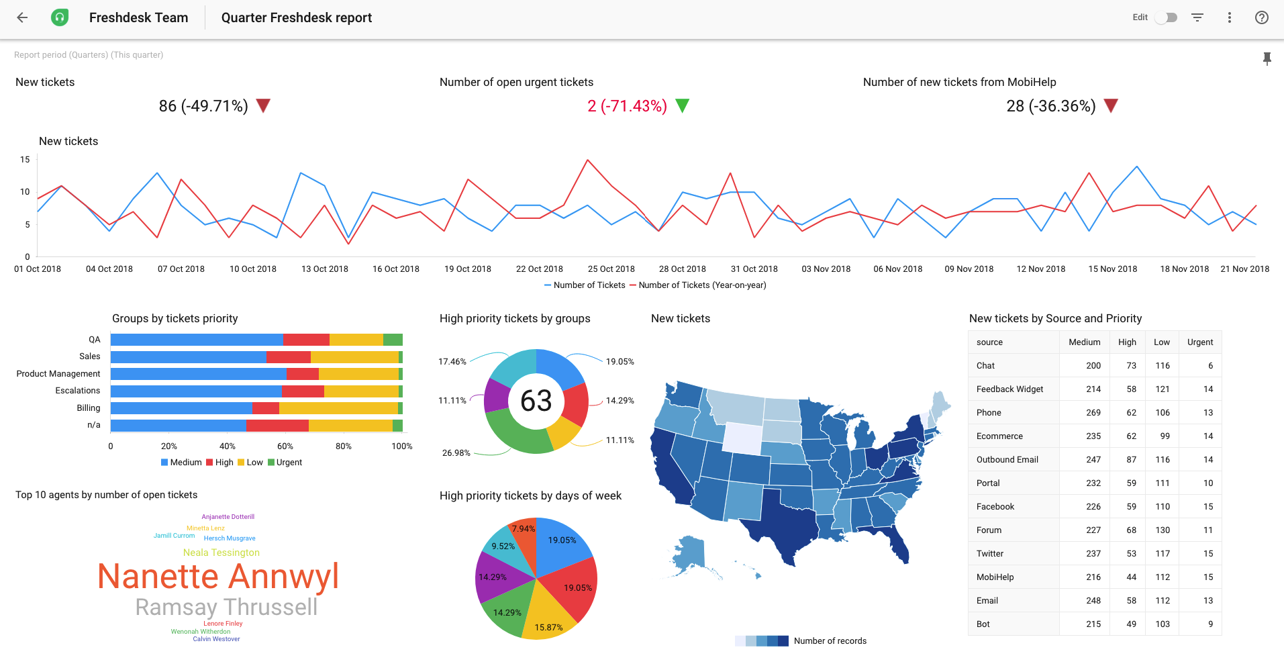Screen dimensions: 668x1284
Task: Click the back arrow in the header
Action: pyautogui.click(x=22, y=18)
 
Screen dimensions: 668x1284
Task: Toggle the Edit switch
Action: pyautogui.click(x=1167, y=18)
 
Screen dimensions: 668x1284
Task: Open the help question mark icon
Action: pyautogui.click(x=1261, y=18)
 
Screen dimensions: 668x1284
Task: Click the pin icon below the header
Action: pyautogui.click(x=1267, y=59)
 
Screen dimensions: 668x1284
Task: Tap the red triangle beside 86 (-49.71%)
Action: pyautogui.click(x=263, y=105)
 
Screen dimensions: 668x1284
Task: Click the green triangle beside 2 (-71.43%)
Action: pyautogui.click(x=682, y=105)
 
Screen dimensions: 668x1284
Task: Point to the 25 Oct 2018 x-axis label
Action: pyautogui.click(x=611, y=269)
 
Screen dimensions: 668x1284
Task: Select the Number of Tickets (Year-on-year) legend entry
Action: pyautogui.click(x=701, y=285)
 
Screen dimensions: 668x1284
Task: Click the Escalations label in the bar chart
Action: pyautogui.click(x=78, y=391)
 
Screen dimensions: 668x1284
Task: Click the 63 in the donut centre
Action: pyautogui.click(x=536, y=401)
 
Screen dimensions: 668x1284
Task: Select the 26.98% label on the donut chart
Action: pyautogui.click(x=456, y=453)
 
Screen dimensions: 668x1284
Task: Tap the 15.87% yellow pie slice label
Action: pyautogui.click(x=548, y=628)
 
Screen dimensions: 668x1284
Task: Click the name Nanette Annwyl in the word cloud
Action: pyautogui.click(x=218, y=577)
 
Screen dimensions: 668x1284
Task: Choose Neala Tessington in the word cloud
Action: pyautogui.click(x=221, y=553)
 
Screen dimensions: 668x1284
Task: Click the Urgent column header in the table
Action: pyautogui.click(x=1199, y=342)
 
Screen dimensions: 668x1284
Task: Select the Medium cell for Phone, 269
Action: pyautogui.click(x=1093, y=413)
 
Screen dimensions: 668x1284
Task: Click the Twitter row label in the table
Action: pyautogui.click(x=990, y=554)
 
